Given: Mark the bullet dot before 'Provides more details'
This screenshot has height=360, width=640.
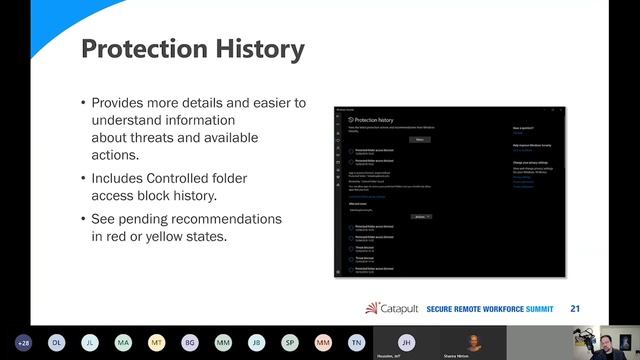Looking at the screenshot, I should [83, 103].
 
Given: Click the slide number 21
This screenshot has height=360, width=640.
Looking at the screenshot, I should [575, 308].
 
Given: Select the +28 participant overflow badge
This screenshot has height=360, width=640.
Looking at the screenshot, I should [23, 342].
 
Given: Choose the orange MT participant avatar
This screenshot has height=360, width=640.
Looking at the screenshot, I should [156, 342].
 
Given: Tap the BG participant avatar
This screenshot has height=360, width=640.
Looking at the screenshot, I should [189, 342].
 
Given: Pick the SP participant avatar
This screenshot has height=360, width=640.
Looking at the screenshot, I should [289, 342].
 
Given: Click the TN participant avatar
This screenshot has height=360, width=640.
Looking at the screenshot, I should [355, 342].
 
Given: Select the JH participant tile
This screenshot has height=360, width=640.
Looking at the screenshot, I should [406, 341].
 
